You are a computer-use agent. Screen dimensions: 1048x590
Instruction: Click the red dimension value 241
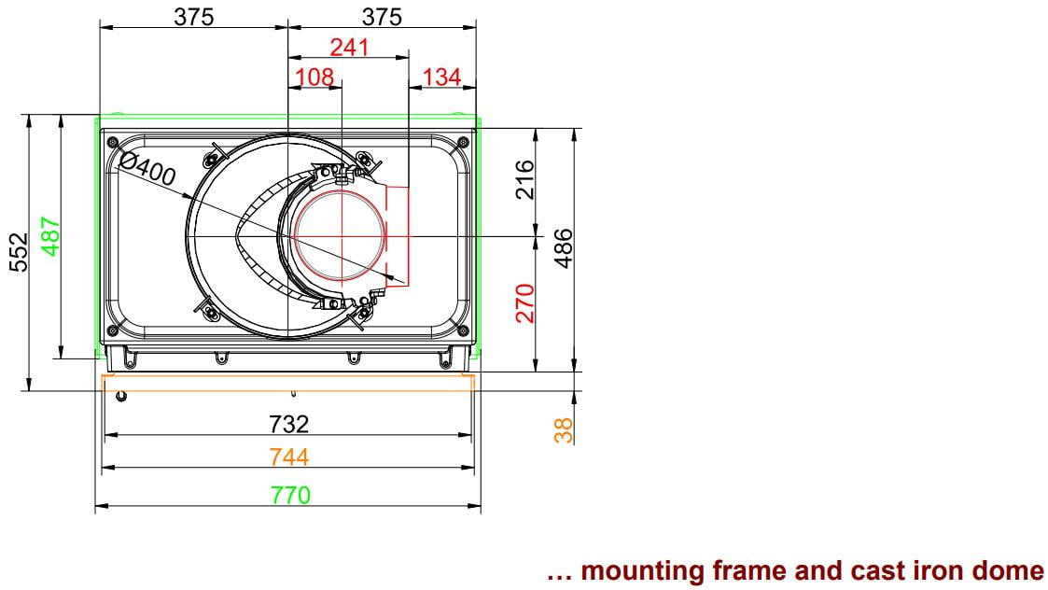tap(350, 48)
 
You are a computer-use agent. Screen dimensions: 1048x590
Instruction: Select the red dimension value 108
tap(314, 77)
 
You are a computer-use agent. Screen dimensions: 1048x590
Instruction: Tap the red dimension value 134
tap(441, 77)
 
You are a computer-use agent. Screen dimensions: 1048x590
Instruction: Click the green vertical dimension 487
tap(51, 236)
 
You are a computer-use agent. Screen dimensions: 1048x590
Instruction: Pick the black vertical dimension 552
tap(20, 252)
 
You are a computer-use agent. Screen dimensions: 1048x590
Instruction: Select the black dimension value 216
tap(525, 179)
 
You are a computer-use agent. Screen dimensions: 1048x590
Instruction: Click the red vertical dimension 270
tap(525, 303)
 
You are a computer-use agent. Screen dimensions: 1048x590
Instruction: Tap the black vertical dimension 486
tap(564, 248)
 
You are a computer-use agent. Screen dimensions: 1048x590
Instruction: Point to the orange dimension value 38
tap(564, 430)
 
